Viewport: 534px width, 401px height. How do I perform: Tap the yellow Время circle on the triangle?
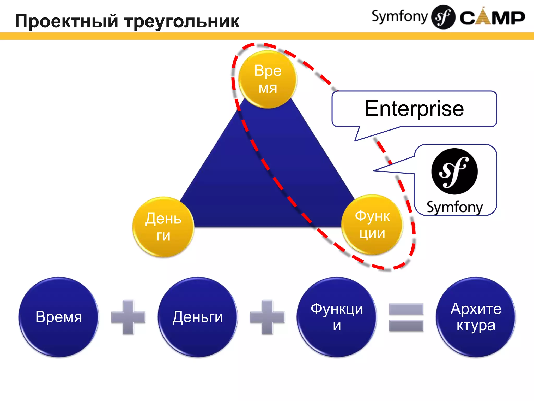[x=268, y=79]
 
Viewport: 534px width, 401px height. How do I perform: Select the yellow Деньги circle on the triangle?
[x=163, y=227]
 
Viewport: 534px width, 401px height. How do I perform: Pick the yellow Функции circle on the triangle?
[x=372, y=225]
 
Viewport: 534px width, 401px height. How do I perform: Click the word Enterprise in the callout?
[x=414, y=109]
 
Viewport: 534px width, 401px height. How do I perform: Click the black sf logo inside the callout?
[x=454, y=171]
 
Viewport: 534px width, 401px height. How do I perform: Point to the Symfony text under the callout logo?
[x=455, y=207]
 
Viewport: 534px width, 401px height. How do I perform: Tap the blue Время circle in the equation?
[x=59, y=317]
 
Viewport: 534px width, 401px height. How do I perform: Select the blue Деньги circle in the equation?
[x=198, y=317]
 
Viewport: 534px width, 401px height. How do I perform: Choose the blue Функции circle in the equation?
[x=337, y=317]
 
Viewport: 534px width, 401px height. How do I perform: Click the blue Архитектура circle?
[x=476, y=317]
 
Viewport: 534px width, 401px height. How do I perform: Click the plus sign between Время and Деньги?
[x=128, y=317]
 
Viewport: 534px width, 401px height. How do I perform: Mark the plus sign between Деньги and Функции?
[x=267, y=317]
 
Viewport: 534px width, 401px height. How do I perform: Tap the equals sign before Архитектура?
[x=406, y=317]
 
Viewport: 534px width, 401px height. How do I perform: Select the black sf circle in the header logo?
[x=443, y=17]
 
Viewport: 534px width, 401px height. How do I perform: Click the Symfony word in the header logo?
[x=400, y=17]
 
